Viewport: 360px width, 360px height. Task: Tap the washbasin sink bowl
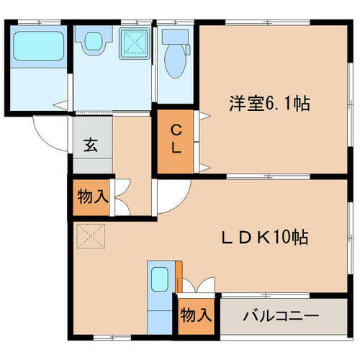93,43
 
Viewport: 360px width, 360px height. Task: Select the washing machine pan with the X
134,42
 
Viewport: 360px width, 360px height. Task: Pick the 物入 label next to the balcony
196,315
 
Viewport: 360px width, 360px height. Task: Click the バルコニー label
281,315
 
